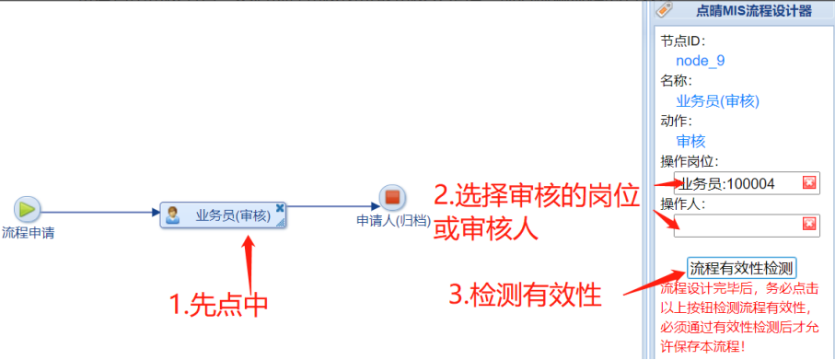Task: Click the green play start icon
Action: click(28, 208)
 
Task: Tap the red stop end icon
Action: click(392, 198)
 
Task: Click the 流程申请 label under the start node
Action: click(29, 233)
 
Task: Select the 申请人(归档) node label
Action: click(393, 221)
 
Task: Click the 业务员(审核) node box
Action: click(223, 215)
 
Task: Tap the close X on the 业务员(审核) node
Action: click(280, 208)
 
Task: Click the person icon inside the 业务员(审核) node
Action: click(172, 215)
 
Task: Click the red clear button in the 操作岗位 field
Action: click(809, 183)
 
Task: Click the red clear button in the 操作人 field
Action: click(809, 225)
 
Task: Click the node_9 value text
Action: click(701, 61)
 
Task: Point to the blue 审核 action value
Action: click(690, 141)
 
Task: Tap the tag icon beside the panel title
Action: click(664, 9)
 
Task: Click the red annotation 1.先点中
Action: click(218, 305)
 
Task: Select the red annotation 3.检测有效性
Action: click(525, 295)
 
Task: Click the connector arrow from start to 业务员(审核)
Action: click(100, 213)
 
